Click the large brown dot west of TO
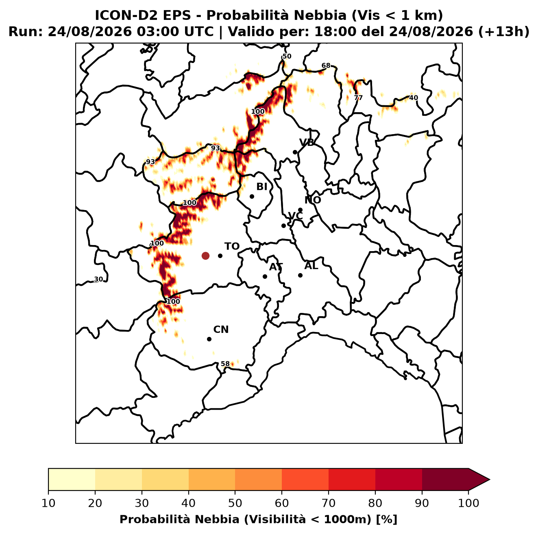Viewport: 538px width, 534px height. point(205,255)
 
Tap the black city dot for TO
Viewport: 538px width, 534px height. point(220,256)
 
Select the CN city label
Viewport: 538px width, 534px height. point(221,330)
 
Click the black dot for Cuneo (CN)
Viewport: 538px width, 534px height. point(209,339)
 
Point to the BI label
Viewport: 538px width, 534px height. point(261,187)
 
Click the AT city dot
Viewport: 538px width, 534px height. point(265,276)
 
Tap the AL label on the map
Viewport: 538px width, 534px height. point(311,266)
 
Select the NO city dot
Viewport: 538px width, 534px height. point(300,210)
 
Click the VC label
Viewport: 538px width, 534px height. point(295,216)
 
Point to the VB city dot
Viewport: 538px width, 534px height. point(295,152)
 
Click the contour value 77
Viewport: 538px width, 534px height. point(358,98)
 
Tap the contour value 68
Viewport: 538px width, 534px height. point(326,65)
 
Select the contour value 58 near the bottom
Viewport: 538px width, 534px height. point(225,364)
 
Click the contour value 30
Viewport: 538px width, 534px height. point(98,279)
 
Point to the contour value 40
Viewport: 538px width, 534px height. point(414,98)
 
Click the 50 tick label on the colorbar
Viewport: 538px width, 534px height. point(235,503)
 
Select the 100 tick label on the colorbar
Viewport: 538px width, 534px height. point(468,503)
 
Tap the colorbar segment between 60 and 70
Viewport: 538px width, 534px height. point(305,479)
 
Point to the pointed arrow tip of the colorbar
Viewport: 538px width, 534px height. point(490,479)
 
